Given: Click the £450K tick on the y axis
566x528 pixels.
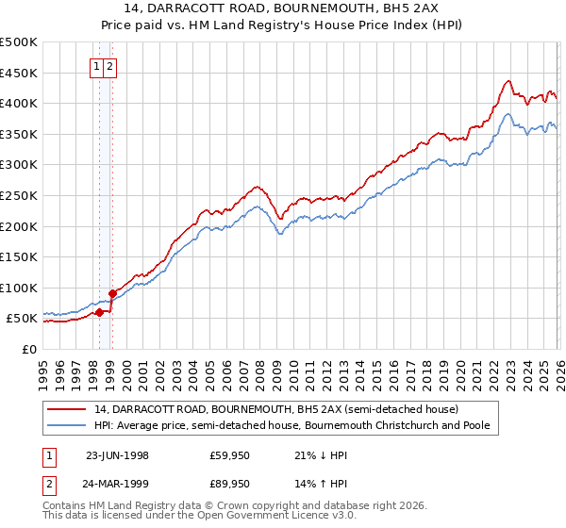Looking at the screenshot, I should click(19, 73).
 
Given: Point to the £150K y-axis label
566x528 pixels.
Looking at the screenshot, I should click(19, 256).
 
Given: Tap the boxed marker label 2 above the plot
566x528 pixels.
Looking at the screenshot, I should click(111, 66).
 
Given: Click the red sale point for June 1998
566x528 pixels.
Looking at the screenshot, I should click(100, 312).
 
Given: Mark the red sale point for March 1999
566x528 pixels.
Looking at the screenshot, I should click(112, 293).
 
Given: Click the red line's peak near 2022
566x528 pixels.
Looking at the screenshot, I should click(508, 81).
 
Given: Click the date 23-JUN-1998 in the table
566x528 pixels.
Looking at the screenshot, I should click(118, 455).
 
